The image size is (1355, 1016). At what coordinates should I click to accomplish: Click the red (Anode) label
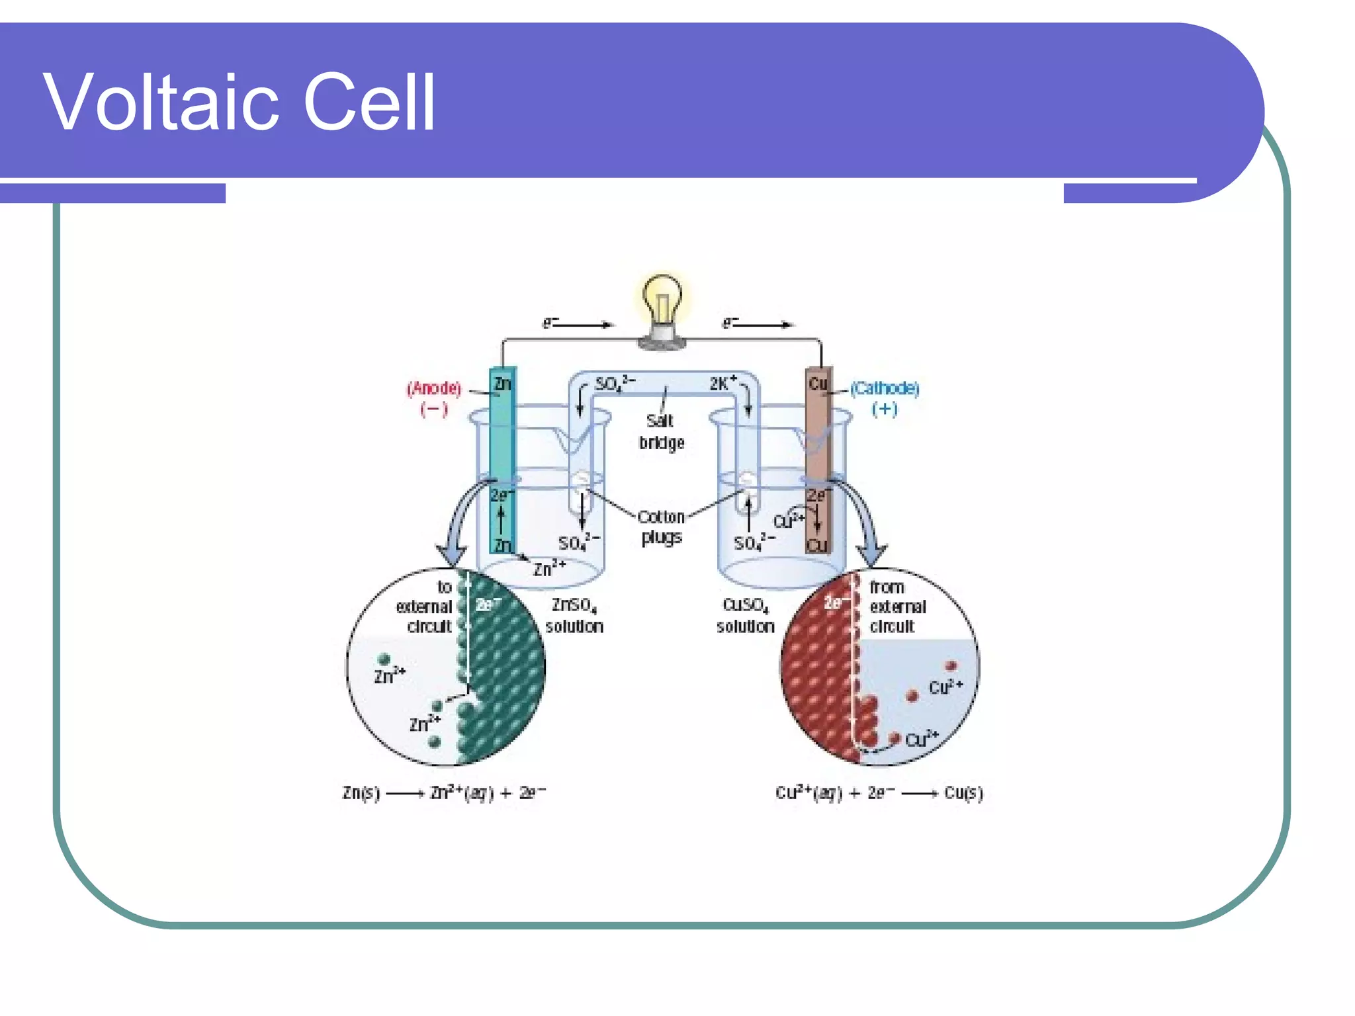point(434,388)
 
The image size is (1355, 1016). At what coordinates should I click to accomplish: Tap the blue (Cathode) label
point(885,388)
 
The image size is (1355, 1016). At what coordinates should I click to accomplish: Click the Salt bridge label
point(661,431)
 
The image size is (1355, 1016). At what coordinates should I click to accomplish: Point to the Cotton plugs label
point(661,527)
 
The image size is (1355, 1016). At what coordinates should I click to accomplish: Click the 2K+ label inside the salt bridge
point(722,384)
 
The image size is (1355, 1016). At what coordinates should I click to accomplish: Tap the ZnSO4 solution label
point(574,615)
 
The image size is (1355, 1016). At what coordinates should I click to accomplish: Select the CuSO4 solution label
point(746,615)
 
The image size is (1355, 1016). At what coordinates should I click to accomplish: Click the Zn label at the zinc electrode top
point(503,383)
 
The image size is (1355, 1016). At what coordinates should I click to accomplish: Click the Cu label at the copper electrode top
point(818,383)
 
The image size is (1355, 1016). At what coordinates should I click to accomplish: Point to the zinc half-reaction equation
point(444,792)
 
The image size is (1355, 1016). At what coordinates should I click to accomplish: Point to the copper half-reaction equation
point(879,792)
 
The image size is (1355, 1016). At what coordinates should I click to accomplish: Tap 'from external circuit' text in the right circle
point(896,607)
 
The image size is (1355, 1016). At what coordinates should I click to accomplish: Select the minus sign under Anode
point(434,409)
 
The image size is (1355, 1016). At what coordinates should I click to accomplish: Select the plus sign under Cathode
point(885,409)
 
